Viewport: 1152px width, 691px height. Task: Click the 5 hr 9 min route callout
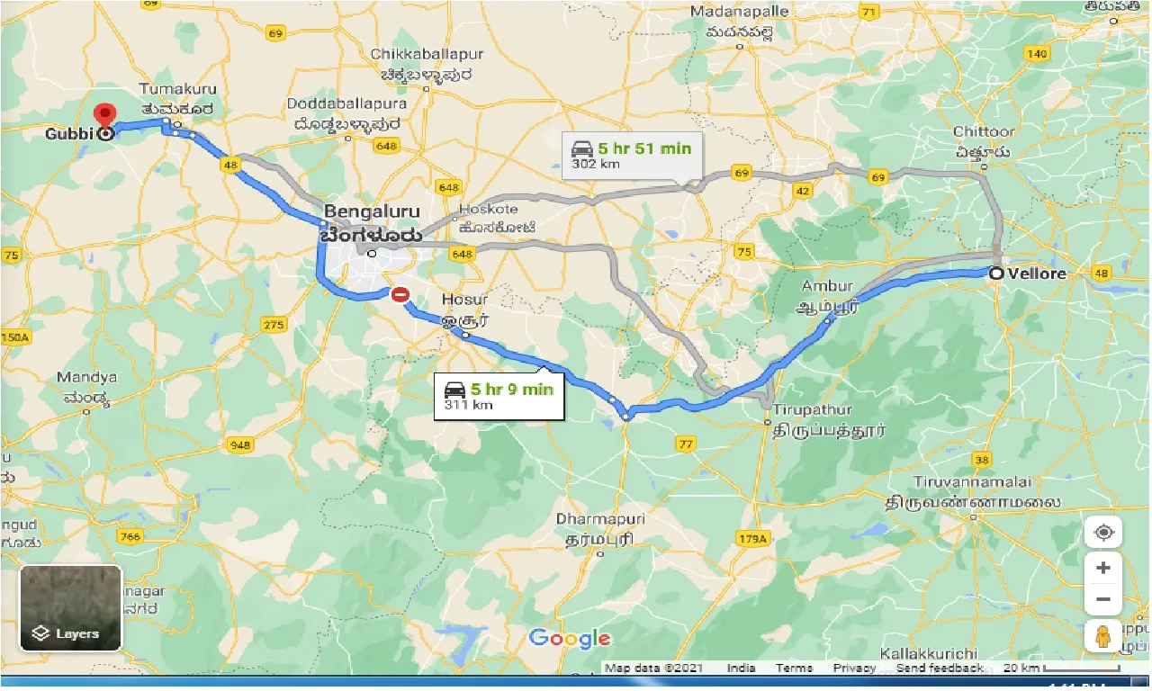coord(500,396)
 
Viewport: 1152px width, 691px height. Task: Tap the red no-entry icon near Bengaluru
coord(400,294)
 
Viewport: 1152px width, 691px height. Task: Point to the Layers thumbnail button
coord(70,607)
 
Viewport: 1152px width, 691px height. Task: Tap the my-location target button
coord(1103,533)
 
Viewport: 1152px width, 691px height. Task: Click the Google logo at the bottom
coord(570,639)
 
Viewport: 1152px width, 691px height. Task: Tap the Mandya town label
coord(86,378)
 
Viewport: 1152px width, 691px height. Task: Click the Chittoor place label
coord(984,132)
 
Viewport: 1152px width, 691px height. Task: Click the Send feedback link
coord(940,668)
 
